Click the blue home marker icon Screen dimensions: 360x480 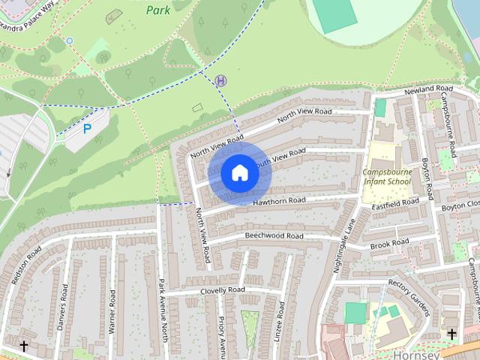(239, 173)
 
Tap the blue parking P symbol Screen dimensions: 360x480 (87, 129)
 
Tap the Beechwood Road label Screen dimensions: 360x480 (274, 235)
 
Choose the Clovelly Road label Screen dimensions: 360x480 (223, 290)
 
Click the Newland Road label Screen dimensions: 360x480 (429, 90)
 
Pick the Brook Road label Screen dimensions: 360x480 (390, 243)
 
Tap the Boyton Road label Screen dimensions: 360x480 (427, 178)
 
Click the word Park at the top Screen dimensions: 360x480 (157, 10)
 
